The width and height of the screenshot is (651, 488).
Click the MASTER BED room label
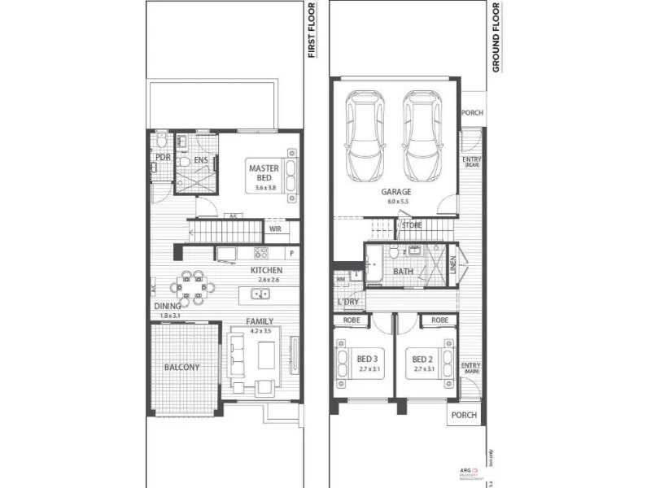coord(264,173)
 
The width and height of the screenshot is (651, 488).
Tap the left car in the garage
coord(365,136)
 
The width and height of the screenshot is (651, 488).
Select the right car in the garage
coord(422,136)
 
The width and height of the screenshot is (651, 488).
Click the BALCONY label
coord(181,367)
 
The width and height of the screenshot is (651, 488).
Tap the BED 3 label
coord(367,359)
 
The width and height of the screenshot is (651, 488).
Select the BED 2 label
coord(422,359)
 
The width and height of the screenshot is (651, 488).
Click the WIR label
coord(276,229)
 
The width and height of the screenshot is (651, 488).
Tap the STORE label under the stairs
coord(412,225)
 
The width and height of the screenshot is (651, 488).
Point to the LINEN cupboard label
coord(452,266)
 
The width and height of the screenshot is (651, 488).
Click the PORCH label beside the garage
coord(472,113)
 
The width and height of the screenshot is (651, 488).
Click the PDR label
coord(163,158)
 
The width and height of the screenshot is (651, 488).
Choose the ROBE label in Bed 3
coord(352,320)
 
